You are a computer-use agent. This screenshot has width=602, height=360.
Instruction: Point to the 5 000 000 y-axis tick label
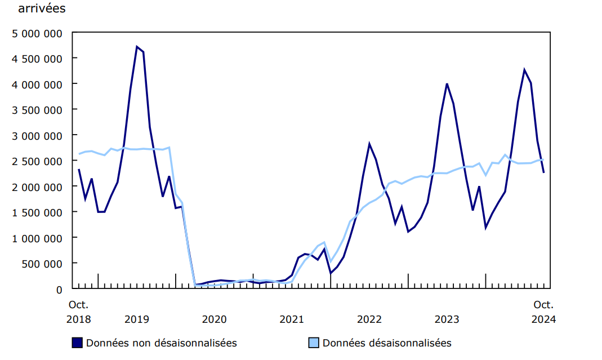[37, 33]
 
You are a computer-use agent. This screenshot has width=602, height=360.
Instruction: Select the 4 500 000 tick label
[37, 58]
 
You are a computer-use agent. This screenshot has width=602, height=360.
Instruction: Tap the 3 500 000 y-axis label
[37, 109]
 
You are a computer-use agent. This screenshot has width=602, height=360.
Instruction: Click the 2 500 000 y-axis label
[37, 161]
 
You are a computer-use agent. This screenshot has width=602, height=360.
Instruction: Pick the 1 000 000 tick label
[37, 238]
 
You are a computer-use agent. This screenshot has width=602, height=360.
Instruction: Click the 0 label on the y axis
[59, 289]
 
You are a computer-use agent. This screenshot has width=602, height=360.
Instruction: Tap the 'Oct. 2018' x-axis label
[78, 312]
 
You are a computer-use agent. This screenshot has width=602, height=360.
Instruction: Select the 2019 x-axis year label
[137, 319]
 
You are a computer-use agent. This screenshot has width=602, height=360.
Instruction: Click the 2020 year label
[215, 319]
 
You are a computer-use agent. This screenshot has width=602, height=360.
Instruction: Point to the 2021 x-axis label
[292, 319]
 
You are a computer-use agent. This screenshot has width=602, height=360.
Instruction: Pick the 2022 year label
[369, 319]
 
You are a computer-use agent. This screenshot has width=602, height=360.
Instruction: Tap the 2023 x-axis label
[447, 319]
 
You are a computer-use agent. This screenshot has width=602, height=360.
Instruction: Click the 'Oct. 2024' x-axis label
[543, 312]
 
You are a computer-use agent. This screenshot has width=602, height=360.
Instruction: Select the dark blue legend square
[78, 343]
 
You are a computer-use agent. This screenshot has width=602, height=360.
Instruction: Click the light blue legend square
[314, 343]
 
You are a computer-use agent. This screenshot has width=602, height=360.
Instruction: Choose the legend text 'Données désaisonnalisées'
[387, 343]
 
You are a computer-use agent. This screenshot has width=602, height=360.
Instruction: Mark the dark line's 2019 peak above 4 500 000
[137, 47]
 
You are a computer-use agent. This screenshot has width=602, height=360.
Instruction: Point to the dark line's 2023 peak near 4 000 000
[447, 84]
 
